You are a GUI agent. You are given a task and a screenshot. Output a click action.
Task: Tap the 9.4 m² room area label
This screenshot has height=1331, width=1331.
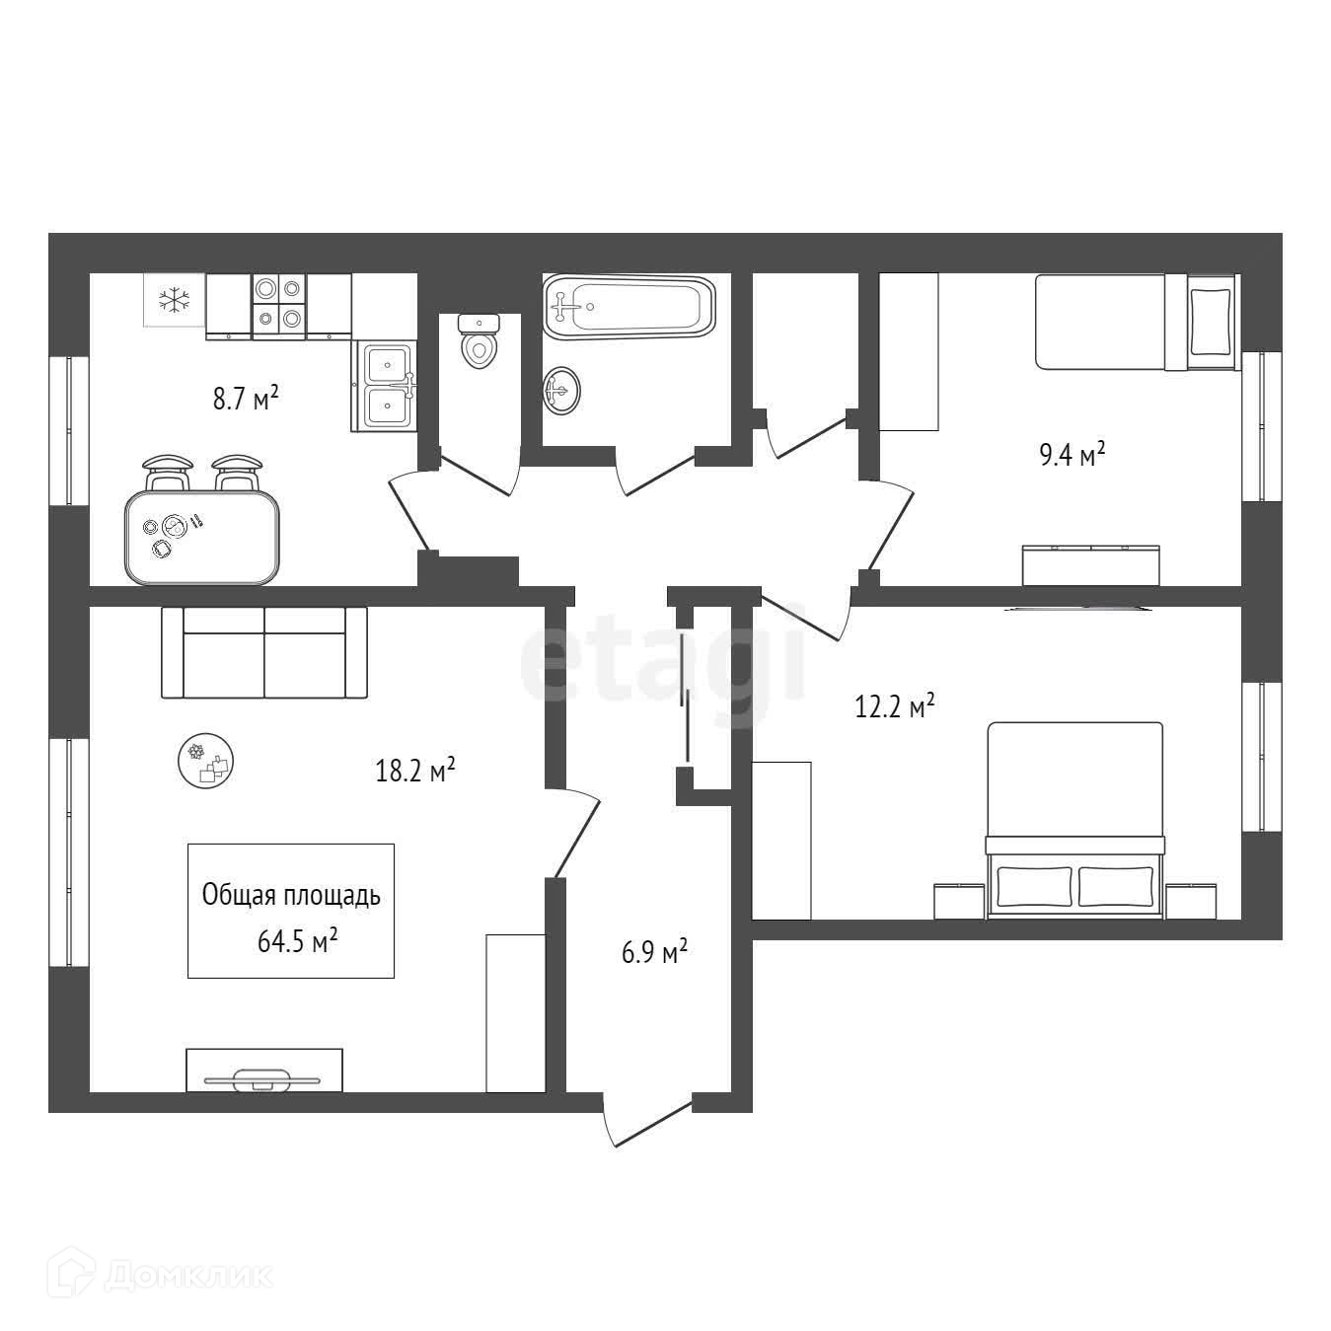(1072, 456)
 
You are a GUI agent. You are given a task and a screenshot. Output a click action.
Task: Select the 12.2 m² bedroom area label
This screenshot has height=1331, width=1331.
(894, 707)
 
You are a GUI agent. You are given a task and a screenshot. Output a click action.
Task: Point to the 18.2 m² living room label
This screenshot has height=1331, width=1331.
(414, 770)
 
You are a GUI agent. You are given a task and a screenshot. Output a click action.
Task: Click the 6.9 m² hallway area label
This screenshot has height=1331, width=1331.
(654, 953)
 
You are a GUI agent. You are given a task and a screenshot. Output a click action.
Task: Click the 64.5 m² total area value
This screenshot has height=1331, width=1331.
(298, 942)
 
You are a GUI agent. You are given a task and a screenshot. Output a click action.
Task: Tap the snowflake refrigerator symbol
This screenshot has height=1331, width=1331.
(175, 299)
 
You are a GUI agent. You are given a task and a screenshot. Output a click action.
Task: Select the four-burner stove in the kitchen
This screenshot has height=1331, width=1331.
(278, 304)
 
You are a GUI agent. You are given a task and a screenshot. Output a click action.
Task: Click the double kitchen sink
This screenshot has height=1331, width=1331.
(384, 387)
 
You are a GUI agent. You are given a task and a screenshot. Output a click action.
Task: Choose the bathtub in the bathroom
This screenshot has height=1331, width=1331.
(629, 306)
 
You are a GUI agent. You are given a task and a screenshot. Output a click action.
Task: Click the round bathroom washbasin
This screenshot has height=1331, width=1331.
(562, 391)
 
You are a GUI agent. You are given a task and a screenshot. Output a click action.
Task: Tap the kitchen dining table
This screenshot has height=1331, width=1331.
(202, 538)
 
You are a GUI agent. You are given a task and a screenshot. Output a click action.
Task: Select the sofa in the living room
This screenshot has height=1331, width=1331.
(263, 652)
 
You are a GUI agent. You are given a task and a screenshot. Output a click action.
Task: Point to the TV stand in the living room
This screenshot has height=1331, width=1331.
(264, 1071)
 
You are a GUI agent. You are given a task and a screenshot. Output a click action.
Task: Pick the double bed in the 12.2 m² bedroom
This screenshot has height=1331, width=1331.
(1074, 819)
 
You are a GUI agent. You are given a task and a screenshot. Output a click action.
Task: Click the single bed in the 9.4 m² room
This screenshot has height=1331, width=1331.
(1135, 322)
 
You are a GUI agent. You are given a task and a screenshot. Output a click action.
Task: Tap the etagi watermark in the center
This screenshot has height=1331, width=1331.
(663, 660)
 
